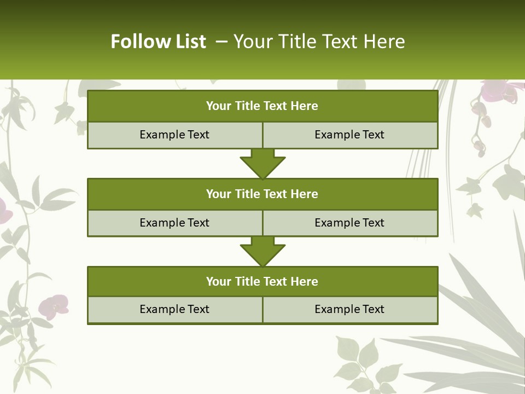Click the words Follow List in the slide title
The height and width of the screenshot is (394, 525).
click(x=158, y=42)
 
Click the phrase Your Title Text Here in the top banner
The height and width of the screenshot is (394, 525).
click(x=319, y=42)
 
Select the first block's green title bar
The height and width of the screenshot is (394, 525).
click(x=262, y=106)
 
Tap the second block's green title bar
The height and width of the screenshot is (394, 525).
click(x=262, y=194)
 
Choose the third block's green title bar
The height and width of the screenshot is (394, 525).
click(x=262, y=281)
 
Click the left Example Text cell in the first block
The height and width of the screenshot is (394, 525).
click(x=174, y=135)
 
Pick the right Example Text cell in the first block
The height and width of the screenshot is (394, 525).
click(x=349, y=135)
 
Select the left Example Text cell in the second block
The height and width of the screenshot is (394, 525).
click(x=174, y=223)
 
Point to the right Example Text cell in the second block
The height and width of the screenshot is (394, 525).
click(x=349, y=223)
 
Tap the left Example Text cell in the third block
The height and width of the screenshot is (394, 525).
click(x=174, y=309)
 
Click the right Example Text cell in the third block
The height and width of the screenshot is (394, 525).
click(x=349, y=309)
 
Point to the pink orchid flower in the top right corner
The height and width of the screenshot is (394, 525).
click(x=498, y=91)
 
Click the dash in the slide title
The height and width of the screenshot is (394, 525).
click(x=222, y=42)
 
